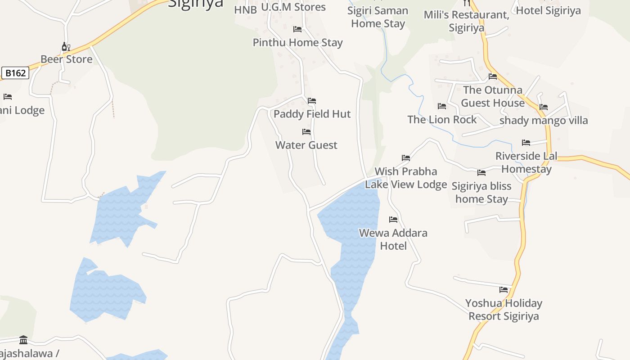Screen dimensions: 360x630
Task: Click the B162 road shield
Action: [15, 73]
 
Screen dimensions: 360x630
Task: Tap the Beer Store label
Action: [67, 59]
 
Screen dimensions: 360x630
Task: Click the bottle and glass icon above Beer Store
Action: [66, 46]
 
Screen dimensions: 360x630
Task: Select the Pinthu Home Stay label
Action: [298, 43]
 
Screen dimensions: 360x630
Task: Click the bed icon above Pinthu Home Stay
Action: [297, 29]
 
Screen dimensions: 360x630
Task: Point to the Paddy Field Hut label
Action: [312, 114]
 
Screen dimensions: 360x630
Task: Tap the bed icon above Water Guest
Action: [306, 132]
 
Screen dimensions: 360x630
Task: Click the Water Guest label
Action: [306, 145]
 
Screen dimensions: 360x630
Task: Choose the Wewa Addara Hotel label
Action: [393, 239]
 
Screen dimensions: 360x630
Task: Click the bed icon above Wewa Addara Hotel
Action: [393, 220]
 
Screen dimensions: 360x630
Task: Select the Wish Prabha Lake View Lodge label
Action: [406, 178]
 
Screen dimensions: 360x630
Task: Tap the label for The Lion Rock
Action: [442, 120]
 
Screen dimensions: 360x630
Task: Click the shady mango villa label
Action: [544, 121]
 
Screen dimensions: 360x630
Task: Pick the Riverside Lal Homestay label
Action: [526, 162]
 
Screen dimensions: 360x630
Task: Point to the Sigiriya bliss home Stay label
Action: [481, 193]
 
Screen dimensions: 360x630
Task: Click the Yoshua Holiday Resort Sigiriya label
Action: [504, 310]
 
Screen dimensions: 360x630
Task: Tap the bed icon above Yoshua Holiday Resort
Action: [504, 290]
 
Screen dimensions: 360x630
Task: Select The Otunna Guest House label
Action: [493, 96]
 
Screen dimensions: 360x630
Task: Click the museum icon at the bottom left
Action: [23, 340]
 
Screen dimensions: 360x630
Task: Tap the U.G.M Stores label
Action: [293, 7]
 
